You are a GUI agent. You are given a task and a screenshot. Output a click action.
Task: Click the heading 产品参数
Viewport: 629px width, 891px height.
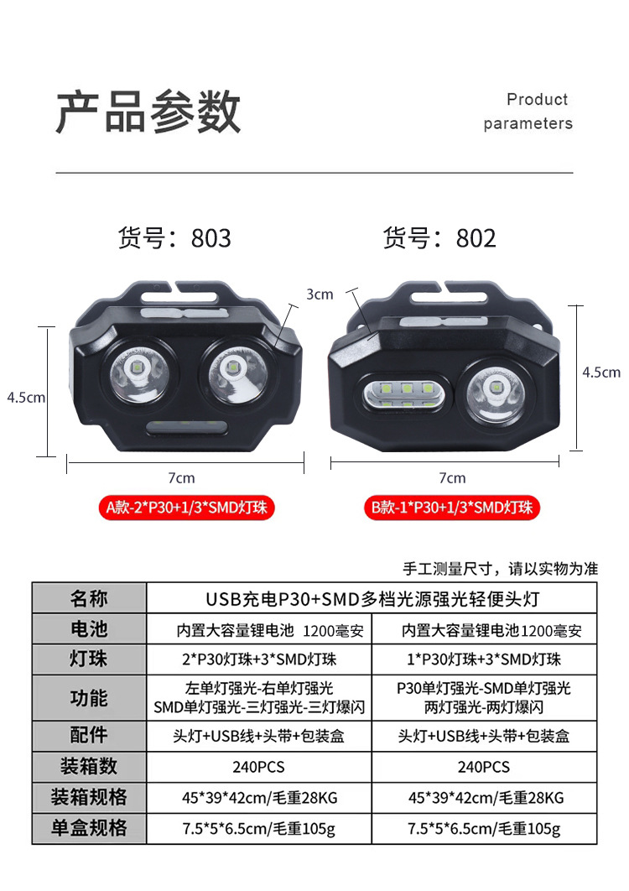148,112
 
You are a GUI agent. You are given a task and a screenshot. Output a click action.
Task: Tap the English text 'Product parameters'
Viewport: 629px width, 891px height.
528,112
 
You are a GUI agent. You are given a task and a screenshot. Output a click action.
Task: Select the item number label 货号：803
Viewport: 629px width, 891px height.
174,238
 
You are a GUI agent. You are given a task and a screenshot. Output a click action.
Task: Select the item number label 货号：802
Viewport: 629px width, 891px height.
439,238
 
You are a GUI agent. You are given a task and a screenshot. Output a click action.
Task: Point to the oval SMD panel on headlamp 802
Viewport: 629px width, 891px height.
407,395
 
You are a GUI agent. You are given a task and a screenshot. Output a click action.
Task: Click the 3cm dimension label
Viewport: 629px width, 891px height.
320,294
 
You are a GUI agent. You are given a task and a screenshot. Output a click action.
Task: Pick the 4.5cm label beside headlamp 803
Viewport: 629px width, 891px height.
26,397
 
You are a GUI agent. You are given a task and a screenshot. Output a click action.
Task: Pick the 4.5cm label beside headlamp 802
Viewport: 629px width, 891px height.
601,373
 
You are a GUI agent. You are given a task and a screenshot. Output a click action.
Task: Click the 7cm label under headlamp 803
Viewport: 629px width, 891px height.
181,478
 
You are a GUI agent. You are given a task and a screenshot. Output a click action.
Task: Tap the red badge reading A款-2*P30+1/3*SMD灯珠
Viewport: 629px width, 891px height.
186,507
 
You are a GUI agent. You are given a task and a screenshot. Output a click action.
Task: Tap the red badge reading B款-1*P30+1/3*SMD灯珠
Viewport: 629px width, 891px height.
452,507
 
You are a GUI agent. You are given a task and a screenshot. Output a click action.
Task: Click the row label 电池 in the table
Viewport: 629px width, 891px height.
89,628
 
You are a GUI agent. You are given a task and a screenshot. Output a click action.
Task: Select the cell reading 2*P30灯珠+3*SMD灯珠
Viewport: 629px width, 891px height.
259,659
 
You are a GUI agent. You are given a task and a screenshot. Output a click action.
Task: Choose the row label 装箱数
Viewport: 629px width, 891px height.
89,767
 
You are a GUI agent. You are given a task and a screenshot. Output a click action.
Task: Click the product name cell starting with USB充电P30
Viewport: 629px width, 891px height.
372,599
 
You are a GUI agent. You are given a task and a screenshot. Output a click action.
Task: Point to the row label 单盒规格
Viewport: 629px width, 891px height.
89,828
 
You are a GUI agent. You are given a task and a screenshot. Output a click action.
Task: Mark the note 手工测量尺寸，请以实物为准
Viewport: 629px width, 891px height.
501,569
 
